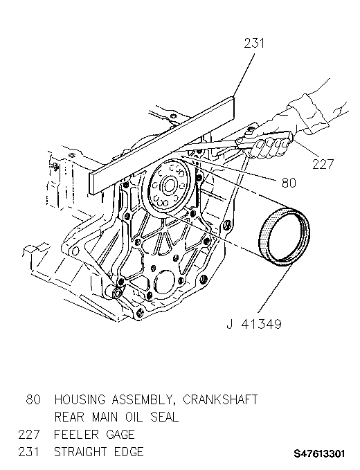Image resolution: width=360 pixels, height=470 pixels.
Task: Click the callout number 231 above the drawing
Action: click(254, 43)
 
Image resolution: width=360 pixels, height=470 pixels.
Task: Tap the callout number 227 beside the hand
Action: click(323, 164)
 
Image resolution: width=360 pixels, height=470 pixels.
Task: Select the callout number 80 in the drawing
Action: click(289, 183)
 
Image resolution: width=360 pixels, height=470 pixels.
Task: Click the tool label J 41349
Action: click(254, 324)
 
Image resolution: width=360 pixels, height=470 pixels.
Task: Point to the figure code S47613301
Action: click(319, 453)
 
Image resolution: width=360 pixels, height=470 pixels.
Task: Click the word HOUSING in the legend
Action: click(80, 399)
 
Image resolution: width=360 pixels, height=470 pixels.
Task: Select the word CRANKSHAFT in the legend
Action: click(220, 400)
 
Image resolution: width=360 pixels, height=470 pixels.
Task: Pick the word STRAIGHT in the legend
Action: click(80, 452)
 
